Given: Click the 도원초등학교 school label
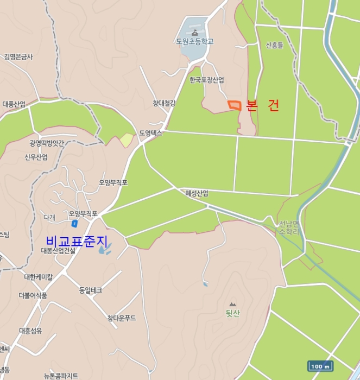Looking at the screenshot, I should coord(194,41).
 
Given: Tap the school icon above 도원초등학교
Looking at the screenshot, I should coord(194,33).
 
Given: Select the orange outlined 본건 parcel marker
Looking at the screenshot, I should coord(234,105).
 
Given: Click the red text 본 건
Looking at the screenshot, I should coord(262,106).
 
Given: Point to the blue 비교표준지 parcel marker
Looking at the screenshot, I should coord(74,223).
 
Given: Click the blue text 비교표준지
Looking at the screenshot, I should coord(77,240).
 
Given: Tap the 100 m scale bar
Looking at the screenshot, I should coord(320,366).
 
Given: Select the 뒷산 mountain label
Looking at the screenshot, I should coord(233,313).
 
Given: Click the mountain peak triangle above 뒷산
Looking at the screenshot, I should coord(233,304).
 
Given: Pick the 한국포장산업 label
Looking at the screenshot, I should coord(206,80).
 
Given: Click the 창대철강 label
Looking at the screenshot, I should coord(164,103).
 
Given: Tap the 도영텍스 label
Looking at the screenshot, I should coord(150,132).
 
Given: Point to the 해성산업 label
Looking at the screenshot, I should coord(197,193).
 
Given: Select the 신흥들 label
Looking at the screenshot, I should coord(275,46).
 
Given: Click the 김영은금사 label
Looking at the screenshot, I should coord(18,56).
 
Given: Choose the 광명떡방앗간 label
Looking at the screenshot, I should coord(47,143).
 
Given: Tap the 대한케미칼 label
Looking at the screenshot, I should coord(39,276).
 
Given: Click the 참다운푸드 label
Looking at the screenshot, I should coord(122,318).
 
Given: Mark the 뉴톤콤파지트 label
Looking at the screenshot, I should coord(61,376).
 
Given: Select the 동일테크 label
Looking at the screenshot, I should coord(91,290).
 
